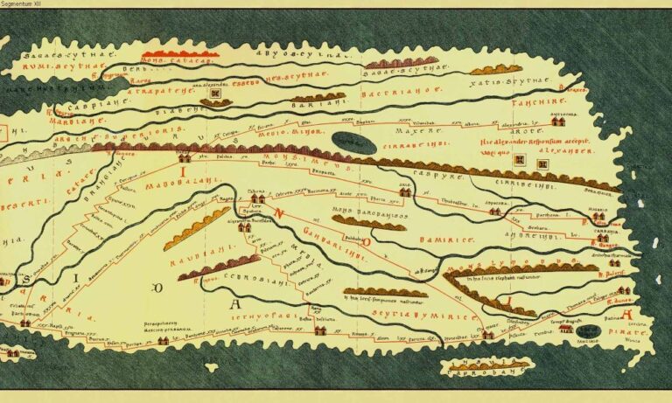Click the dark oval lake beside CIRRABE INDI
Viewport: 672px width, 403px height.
pos(354,140)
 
